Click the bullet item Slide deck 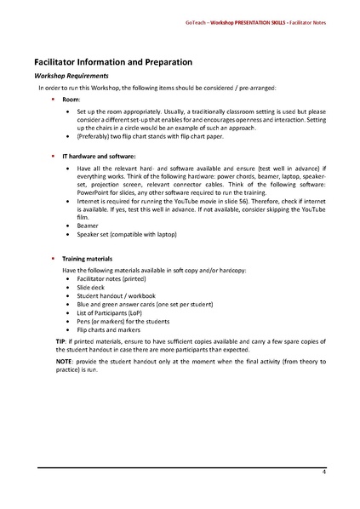click(x=92, y=288)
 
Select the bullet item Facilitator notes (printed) click(x=111, y=279)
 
